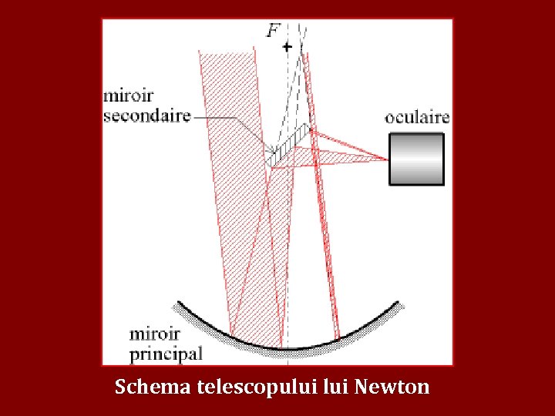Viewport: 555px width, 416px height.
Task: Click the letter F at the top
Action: [x=274, y=31]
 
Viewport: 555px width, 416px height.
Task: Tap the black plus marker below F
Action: [x=287, y=47]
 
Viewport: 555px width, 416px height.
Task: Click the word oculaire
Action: [x=417, y=117]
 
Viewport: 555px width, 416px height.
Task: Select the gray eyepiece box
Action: [x=416, y=159]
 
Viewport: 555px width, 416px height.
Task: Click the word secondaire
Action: [x=147, y=116]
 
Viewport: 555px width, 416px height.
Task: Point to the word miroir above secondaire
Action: [x=128, y=97]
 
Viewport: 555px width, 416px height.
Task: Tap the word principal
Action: [x=166, y=354]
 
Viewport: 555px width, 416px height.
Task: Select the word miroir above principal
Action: [x=154, y=335]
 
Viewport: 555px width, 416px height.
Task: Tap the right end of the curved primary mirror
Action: [x=397, y=306]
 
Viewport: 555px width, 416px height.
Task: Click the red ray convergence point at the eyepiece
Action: [x=387, y=159]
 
